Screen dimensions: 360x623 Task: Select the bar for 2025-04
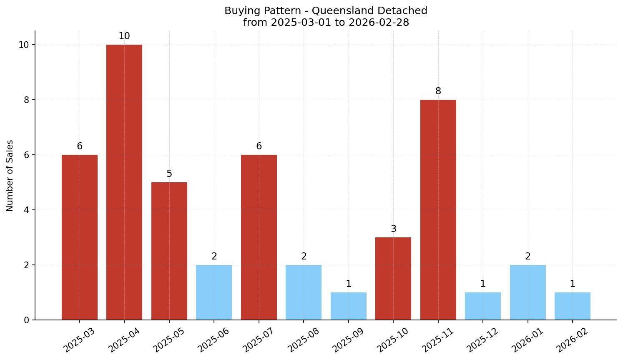tap(124, 182)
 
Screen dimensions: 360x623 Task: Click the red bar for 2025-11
tap(438, 210)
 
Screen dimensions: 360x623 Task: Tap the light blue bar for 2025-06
tap(214, 292)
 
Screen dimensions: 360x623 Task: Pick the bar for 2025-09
tap(348, 306)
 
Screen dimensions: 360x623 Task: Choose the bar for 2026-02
tap(572, 306)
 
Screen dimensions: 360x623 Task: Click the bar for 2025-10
tap(393, 279)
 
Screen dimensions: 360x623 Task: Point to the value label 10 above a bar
tap(124, 36)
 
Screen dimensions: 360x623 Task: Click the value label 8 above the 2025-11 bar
tap(438, 91)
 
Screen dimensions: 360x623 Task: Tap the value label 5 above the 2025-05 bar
tap(169, 174)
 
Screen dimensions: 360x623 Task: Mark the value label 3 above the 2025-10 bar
tap(393, 229)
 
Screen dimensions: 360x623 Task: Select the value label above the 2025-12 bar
tap(483, 284)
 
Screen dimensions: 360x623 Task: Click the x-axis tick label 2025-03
tap(79, 340)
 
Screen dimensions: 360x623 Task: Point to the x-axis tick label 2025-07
tap(259, 340)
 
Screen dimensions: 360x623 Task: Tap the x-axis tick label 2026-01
tap(528, 340)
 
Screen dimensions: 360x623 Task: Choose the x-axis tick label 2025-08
tap(304, 340)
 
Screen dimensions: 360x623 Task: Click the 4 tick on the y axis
tap(26, 210)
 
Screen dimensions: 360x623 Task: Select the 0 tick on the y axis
tap(26, 320)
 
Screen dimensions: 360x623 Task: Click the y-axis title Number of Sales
tap(10, 176)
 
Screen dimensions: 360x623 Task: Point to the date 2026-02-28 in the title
tap(379, 23)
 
